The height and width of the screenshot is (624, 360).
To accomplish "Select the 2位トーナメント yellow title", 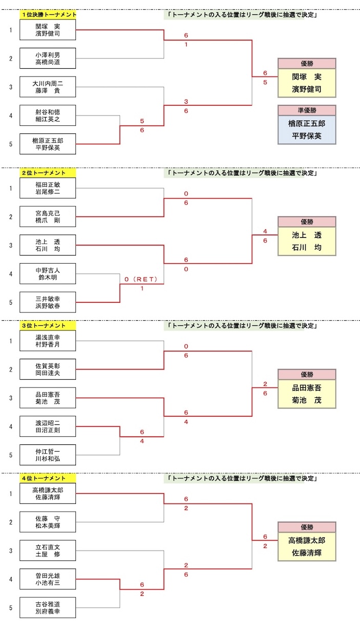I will pyautogui.click(x=48, y=173).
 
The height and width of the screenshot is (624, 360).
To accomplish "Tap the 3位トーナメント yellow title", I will pyautogui.click(x=48, y=325).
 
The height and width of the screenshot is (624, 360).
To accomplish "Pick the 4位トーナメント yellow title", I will pyautogui.click(x=48, y=478).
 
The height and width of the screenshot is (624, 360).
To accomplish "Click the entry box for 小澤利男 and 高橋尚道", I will pyautogui.click(x=48, y=58).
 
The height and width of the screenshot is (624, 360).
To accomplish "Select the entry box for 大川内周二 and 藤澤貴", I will pyautogui.click(x=48, y=87).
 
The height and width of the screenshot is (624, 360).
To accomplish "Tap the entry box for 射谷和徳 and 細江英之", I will pyautogui.click(x=48, y=115).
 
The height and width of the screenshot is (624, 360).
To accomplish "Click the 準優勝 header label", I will pyautogui.click(x=307, y=110).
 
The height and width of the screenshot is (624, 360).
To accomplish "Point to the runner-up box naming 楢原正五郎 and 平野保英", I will pyautogui.click(x=307, y=129).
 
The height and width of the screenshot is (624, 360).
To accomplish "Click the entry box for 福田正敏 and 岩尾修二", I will pyautogui.click(x=48, y=188).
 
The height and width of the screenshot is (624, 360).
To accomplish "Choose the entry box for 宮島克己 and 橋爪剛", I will pyautogui.click(x=48, y=217).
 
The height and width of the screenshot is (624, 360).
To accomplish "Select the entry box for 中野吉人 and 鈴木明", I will pyautogui.click(x=48, y=274).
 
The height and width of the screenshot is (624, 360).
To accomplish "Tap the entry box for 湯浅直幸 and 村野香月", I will pyautogui.click(x=48, y=341).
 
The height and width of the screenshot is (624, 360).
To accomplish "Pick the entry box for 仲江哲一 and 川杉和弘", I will pyautogui.click(x=48, y=455).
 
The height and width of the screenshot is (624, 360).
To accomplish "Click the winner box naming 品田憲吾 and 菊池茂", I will pyautogui.click(x=307, y=394).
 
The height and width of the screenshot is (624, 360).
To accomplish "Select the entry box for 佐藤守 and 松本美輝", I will pyautogui.click(x=48, y=522).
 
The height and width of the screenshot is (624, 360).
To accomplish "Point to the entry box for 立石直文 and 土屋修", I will pyautogui.click(x=48, y=551).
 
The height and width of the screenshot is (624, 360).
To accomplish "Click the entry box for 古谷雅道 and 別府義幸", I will pyautogui.click(x=48, y=608).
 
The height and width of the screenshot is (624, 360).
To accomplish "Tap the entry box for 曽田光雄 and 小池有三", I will pyautogui.click(x=48, y=579).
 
